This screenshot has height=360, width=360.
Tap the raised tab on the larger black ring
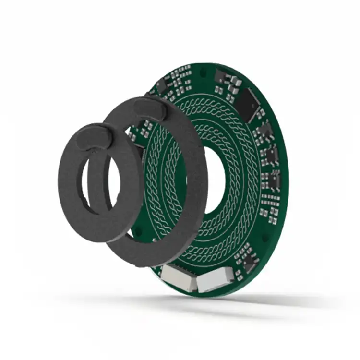pyautogui.click(x=149, y=109)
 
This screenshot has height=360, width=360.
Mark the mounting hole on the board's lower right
pyautogui.click(x=264, y=237)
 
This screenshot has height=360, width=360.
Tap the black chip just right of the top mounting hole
pyautogui.click(x=222, y=76)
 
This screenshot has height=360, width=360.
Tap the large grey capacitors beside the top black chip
pyautogui.click(x=235, y=89)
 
